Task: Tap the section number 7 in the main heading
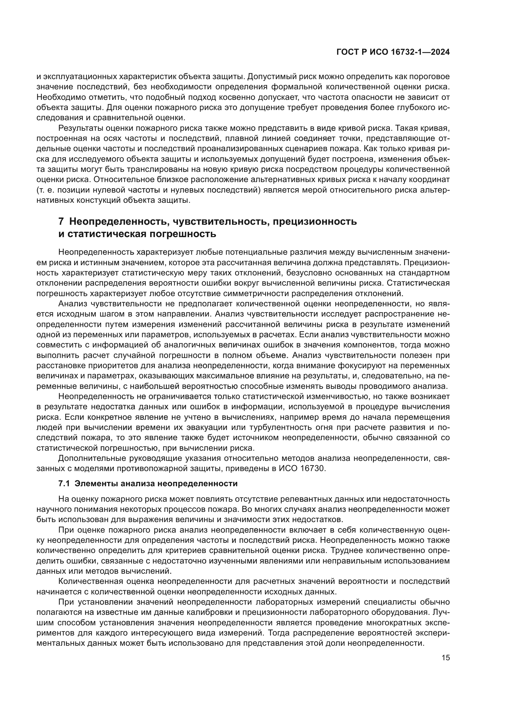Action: click(x=61, y=221)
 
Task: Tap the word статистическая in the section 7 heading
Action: click(x=106, y=234)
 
